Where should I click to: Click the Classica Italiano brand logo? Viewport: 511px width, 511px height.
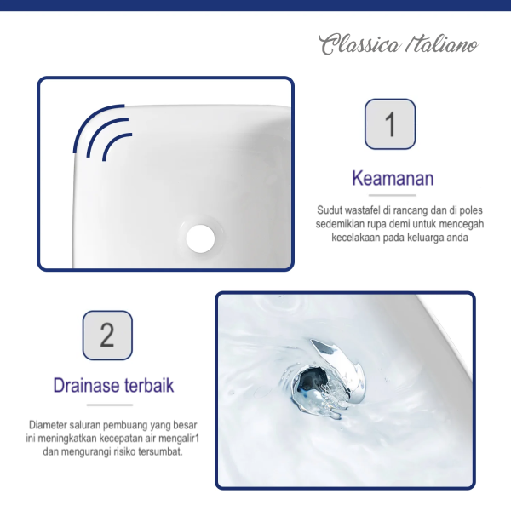(399, 44)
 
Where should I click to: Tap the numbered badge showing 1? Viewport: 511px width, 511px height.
(390, 124)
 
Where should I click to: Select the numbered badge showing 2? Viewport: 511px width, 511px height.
(107, 335)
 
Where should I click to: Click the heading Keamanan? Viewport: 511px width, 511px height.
(393, 178)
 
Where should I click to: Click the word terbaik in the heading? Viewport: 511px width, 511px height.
(149, 385)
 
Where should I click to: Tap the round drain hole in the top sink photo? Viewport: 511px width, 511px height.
(200, 238)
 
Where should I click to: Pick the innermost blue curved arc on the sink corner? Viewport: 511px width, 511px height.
(115, 143)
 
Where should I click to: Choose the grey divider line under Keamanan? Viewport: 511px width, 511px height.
(393, 196)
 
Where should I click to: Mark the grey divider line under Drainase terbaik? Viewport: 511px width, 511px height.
(110, 405)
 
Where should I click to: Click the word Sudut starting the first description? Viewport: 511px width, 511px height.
(328, 210)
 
